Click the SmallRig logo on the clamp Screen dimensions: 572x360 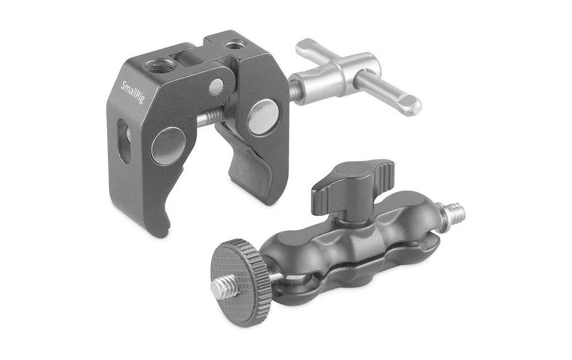click(132, 93)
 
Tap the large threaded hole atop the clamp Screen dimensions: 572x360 click(155, 66)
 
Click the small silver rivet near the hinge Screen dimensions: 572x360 click(216, 86)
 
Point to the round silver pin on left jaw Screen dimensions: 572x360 click(168, 146)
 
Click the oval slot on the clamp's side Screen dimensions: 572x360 click(123, 141)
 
